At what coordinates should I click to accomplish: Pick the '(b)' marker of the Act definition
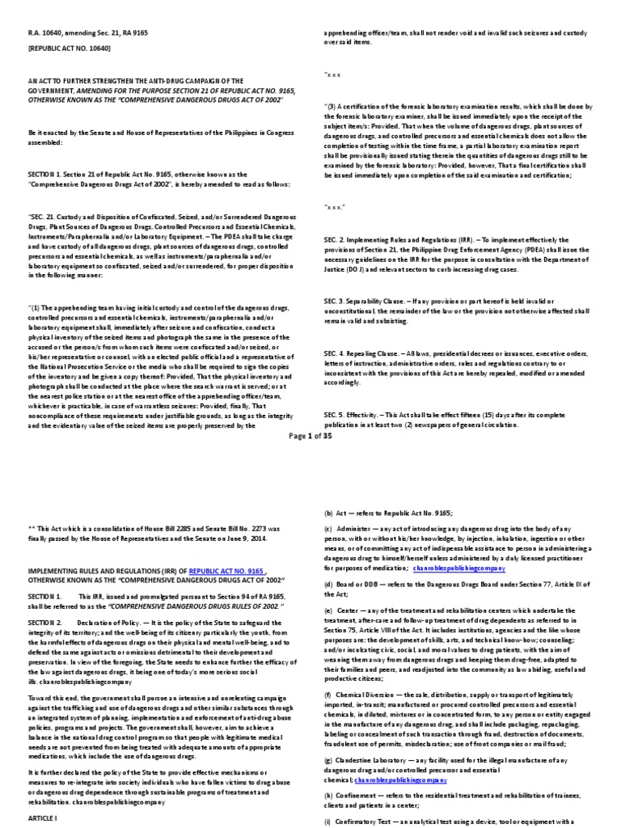point(328,513)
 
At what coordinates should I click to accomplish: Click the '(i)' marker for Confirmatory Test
point(327,822)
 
